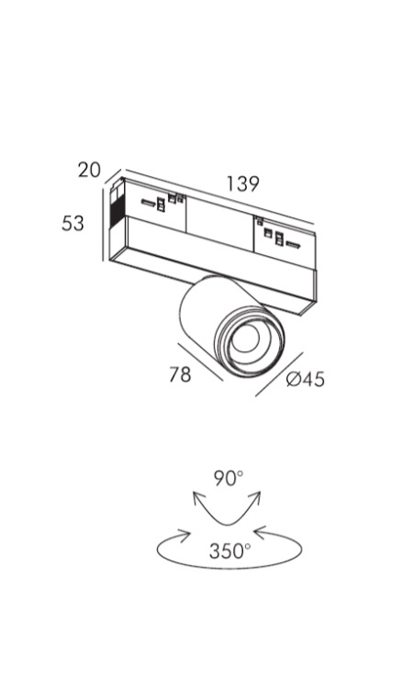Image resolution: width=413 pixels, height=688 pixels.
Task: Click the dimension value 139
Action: coord(242,183)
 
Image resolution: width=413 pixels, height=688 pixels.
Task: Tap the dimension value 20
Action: coord(89,170)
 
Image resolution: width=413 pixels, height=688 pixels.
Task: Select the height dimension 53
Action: coord(73,223)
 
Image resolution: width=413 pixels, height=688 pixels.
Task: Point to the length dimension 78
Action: coord(181,374)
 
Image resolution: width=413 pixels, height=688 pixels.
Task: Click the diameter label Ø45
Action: coord(306,379)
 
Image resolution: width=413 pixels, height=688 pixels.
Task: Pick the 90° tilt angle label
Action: coord(229,478)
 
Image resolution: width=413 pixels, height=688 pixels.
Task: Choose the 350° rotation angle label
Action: coord(230,551)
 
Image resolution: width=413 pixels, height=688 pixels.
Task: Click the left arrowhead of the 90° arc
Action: coord(198,498)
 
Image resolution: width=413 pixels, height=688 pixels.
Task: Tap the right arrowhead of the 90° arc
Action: coord(255,498)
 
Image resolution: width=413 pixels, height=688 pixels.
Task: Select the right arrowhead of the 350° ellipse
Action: coord(261,533)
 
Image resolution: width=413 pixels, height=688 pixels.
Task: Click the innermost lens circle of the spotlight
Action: coord(246,339)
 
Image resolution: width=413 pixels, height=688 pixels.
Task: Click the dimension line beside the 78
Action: coord(201,362)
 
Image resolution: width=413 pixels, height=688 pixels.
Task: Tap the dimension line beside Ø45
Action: coord(279,374)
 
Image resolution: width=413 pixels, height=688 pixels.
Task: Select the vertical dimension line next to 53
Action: coord(103,224)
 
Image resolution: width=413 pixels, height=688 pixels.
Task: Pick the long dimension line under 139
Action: coord(219,195)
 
